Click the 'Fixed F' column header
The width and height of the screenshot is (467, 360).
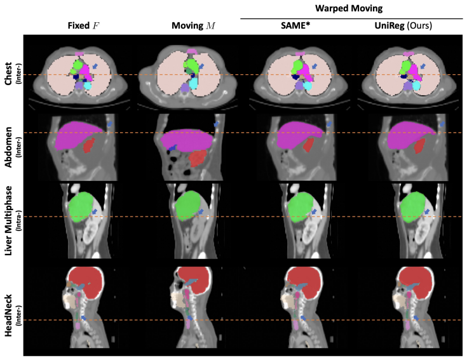click(83, 25)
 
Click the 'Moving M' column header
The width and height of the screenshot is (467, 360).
click(193, 25)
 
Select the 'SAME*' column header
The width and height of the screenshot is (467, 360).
click(295, 25)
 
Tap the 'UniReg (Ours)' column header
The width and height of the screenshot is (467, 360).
click(403, 26)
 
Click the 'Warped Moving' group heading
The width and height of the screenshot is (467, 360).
click(349, 8)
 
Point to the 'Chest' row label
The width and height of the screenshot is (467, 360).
click(8, 74)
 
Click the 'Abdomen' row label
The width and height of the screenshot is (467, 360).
click(8, 147)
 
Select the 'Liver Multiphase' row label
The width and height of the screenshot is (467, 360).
click(8, 220)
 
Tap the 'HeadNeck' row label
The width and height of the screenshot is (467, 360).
click(8, 316)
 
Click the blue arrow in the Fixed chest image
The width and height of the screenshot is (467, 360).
click(95, 66)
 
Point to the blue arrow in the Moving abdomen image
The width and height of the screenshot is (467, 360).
click(216, 124)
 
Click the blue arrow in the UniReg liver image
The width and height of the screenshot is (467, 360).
click(427, 212)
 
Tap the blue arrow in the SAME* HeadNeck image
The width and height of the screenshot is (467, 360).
click(303, 317)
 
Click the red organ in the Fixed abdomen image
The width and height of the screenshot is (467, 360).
click(88, 145)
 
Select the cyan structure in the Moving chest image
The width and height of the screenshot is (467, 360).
click(194, 83)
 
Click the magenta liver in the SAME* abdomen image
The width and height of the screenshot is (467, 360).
click(298, 134)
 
